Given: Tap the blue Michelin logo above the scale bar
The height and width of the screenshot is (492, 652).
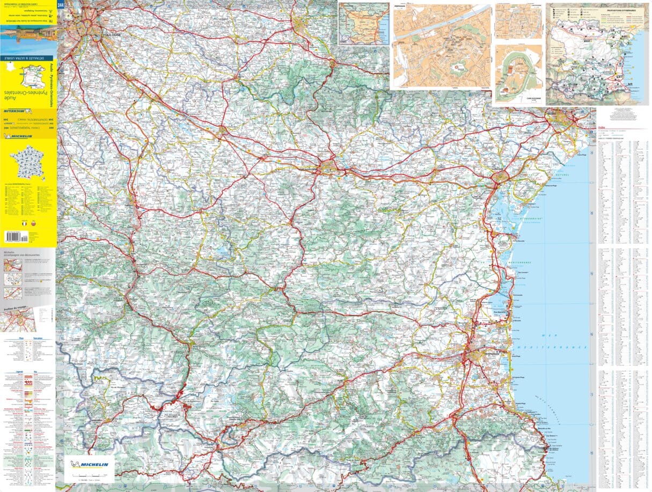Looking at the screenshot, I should click(89, 465).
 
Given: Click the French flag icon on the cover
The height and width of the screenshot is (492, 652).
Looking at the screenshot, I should click(24, 223).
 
